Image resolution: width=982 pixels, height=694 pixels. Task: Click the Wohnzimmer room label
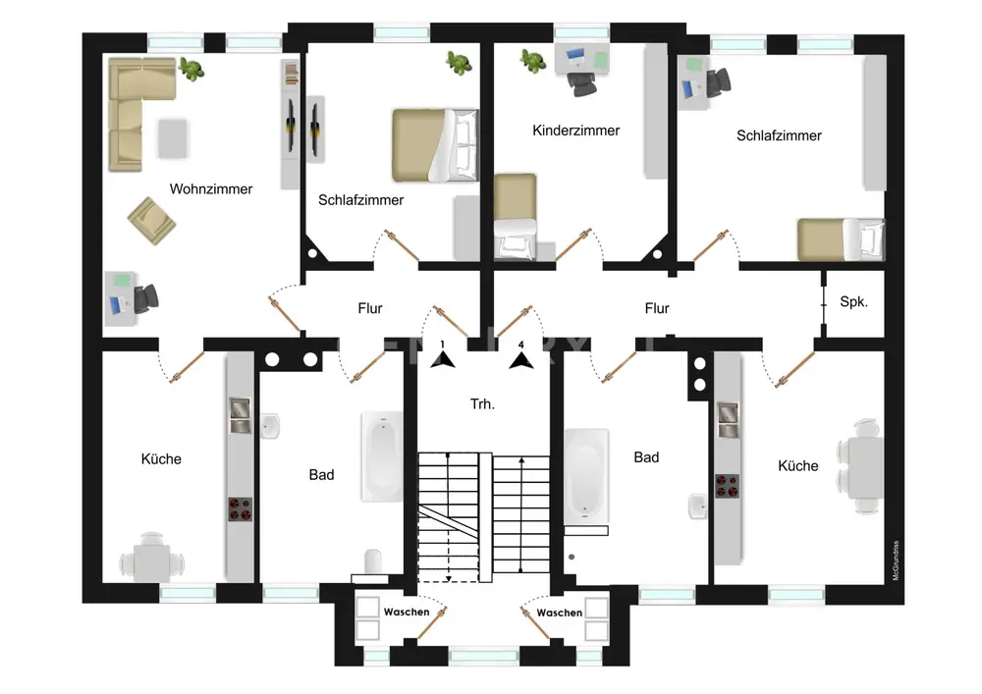coord(210,189)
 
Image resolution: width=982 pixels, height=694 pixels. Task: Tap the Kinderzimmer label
coord(575,131)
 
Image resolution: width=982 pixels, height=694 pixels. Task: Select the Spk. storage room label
coord(852,302)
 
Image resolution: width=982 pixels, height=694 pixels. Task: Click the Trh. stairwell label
coord(481,402)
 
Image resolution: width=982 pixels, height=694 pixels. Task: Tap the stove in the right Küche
coord(727,485)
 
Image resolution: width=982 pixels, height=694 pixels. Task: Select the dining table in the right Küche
coord(863,466)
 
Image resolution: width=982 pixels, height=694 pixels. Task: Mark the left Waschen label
coord(406,612)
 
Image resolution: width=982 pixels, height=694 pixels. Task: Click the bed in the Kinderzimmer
coord(515,216)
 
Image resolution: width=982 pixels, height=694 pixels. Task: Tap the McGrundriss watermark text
coord(896,561)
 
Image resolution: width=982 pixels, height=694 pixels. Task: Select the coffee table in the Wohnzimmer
coord(174,138)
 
